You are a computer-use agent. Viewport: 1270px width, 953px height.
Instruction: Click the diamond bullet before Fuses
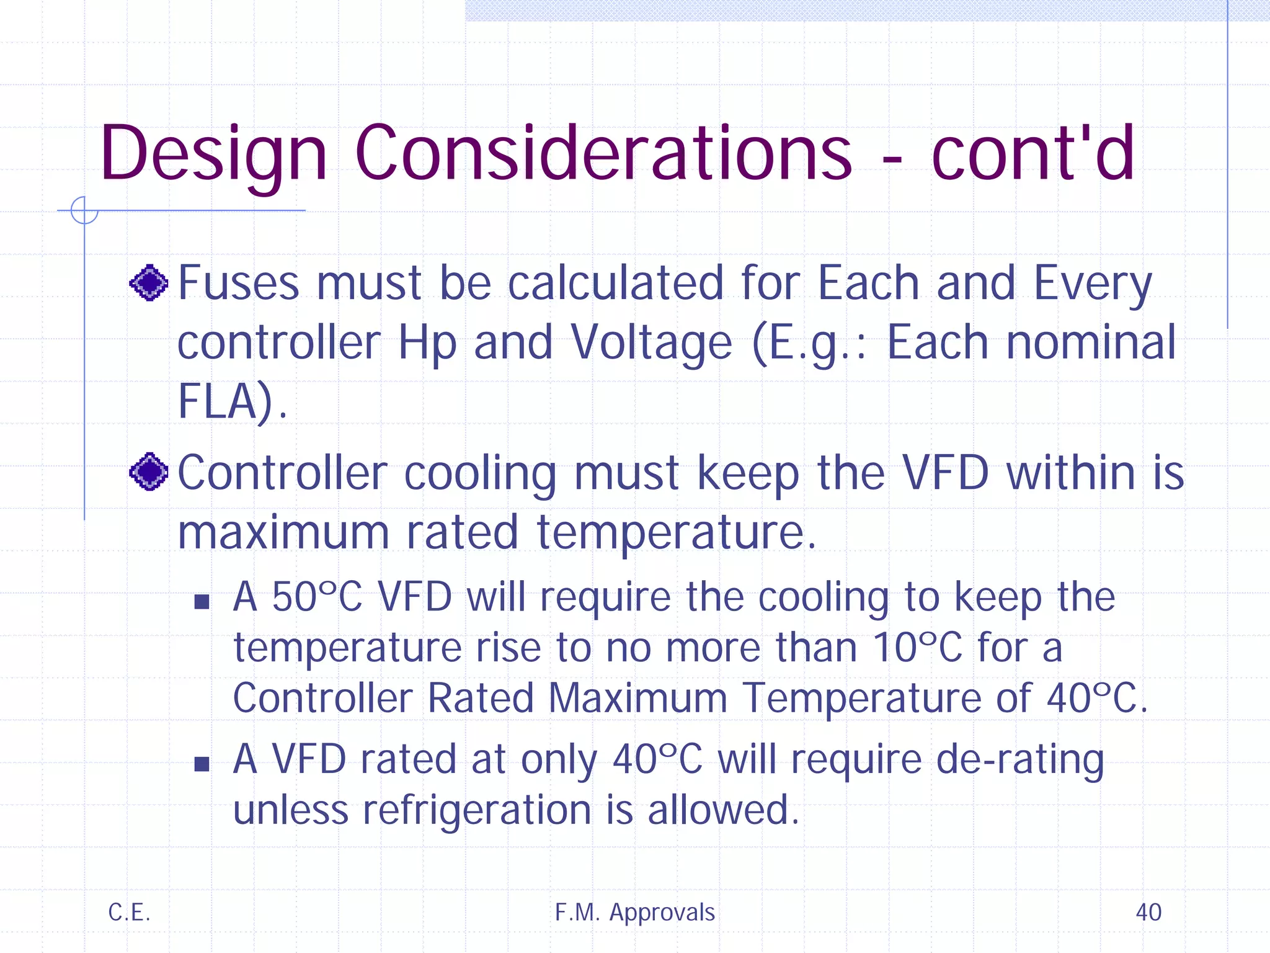149,283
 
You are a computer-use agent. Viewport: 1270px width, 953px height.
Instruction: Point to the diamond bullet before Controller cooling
149,472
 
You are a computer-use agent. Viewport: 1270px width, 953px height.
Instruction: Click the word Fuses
239,283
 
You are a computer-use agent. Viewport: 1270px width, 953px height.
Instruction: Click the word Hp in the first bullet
427,343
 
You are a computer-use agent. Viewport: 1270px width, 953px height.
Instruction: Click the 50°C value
317,597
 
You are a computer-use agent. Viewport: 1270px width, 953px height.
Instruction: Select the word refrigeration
477,810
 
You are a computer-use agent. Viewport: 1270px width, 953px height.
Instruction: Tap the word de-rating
1019,759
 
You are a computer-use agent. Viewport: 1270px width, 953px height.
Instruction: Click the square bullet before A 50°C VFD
202,601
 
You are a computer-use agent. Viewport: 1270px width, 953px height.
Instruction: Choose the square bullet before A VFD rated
202,763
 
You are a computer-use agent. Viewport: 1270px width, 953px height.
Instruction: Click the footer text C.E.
129,912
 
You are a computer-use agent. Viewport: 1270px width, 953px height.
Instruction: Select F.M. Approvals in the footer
634,912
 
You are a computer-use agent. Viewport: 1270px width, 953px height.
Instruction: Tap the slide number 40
1148,912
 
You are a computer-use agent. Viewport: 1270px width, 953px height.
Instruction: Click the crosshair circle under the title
84,210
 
